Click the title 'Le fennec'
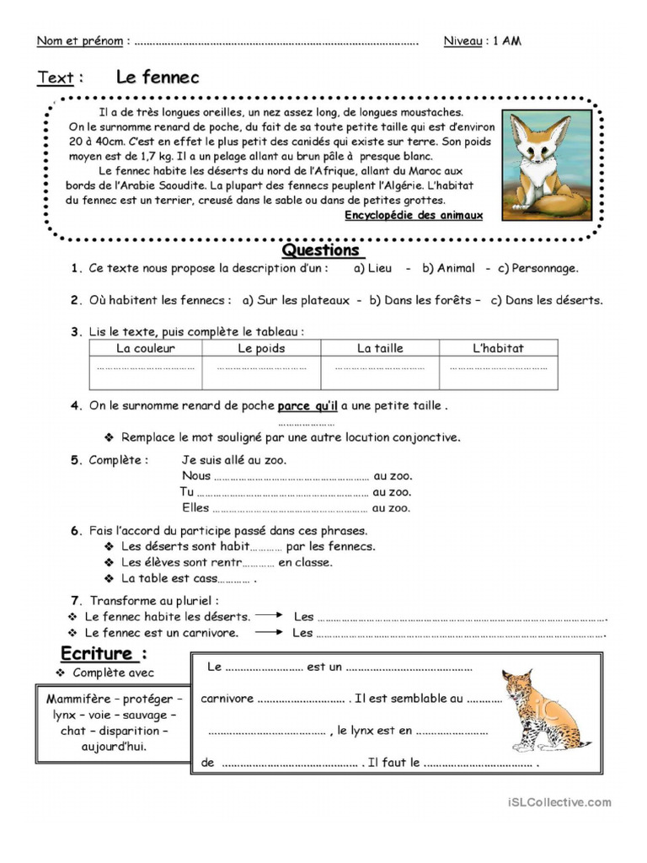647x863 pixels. click(x=158, y=78)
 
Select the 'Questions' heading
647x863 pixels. click(x=321, y=250)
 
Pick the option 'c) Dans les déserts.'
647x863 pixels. click(x=547, y=300)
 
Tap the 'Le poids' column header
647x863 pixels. click(x=261, y=348)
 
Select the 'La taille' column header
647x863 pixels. click(x=380, y=348)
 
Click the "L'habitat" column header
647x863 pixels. click(x=498, y=348)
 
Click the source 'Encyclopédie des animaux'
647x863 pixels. click(x=414, y=215)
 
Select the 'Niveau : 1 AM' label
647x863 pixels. click(x=482, y=40)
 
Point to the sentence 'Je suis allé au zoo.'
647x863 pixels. click(x=234, y=459)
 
